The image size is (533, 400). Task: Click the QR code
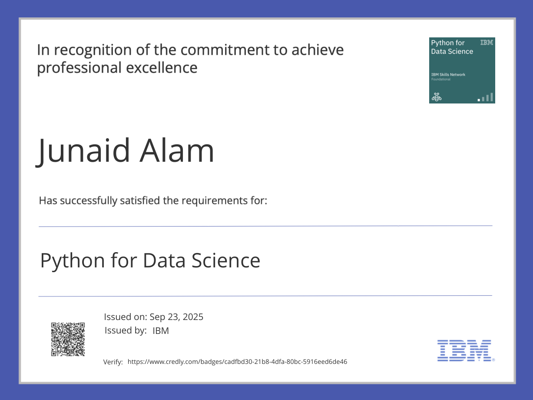click(68, 339)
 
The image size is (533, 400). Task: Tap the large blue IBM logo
click(464, 350)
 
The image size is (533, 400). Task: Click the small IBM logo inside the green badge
click(487, 43)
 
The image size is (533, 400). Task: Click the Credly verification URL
click(237, 362)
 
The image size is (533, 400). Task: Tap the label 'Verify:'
click(113, 362)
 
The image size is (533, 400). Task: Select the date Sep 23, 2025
click(176, 317)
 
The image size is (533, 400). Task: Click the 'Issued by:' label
click(125, 330)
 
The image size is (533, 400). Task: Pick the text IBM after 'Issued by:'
click(161, 331)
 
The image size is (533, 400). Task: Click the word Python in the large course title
click(73, 260)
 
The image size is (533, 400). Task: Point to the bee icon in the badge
click(436, 97)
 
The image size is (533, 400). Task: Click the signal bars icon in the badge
click(486, 97)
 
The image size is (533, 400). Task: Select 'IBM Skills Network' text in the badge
click(448, 75)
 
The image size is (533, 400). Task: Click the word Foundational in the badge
click(440, 80)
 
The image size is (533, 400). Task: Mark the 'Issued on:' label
click(124, 317)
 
